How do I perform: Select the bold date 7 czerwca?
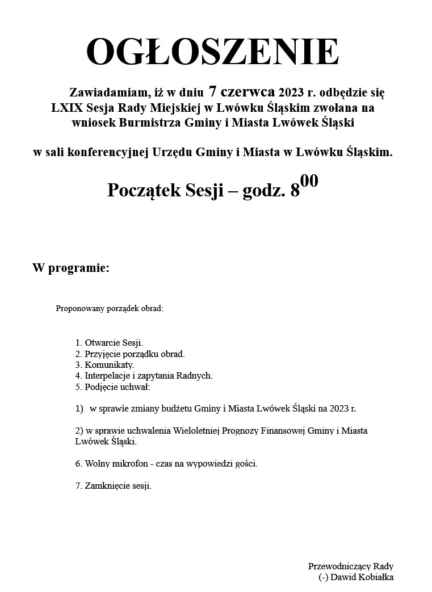pyautogui.click(x=242, y=91)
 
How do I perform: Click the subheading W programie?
pyautogui.click(x=71, y=268)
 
